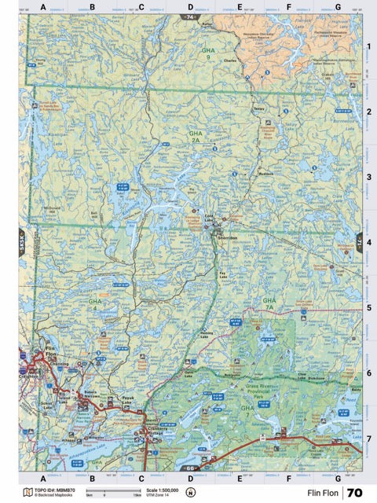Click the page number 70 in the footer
pos(354,493)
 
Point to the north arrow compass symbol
pos(191,493)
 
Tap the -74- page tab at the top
pos(189,16)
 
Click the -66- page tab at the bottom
pos(189,468)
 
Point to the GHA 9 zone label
pos(207,53)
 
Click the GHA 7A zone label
pos(269,303)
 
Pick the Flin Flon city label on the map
pos(52,351)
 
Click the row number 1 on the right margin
pos(368,47)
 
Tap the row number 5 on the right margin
pos(368,307)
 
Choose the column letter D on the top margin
pos(190,7)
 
